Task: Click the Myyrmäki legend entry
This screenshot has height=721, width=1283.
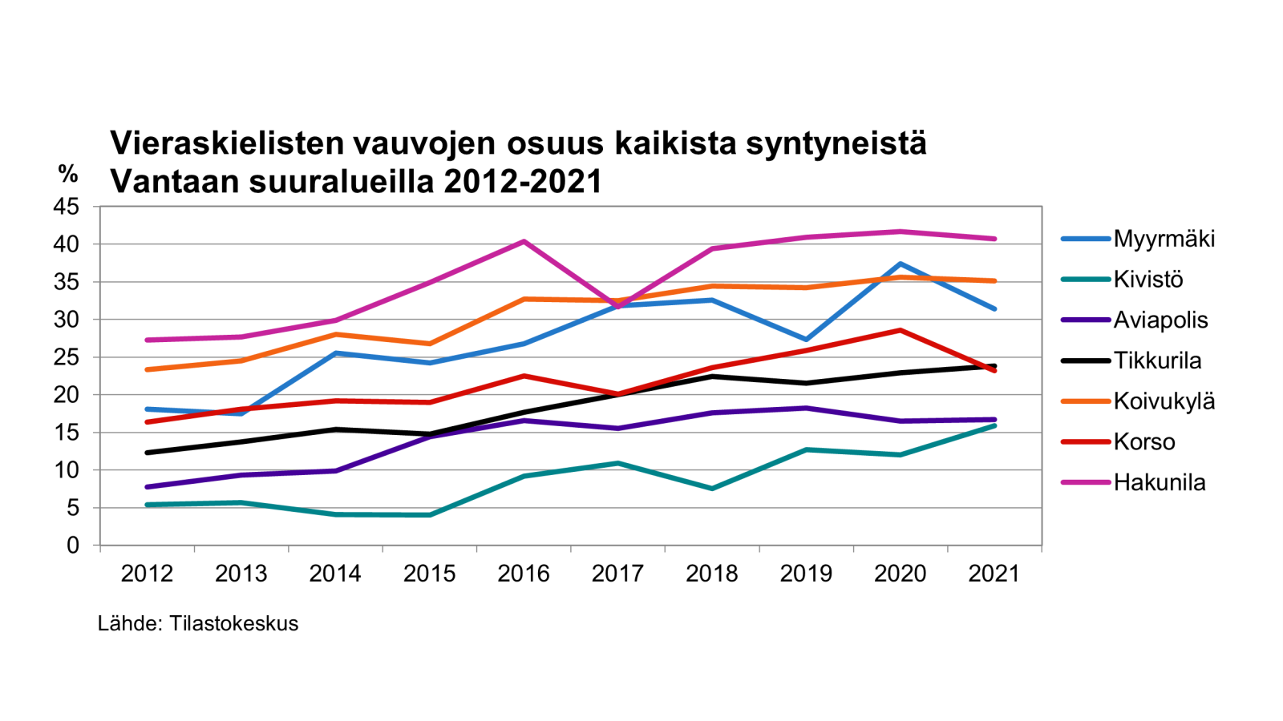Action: pyautogui.click(x=1164, y=239)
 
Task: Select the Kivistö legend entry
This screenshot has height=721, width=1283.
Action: pyautogui.click(x=1147, y=280)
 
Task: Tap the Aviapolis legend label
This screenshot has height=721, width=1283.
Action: pyautogui.click(x=1160, y=320)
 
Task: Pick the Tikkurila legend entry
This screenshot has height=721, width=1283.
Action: pyautogui.click(x=1157, y=360)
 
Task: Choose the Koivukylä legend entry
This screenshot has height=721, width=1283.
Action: pyautogui.click(x=1164, y=401)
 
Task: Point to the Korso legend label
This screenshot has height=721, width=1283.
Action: pyautogui.click(x=1144, y=442)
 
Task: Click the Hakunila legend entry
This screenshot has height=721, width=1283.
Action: pyautogui.click(x=1160, y=482)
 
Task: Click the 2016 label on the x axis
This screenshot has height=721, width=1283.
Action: pyautogui.click(x=524, y=574)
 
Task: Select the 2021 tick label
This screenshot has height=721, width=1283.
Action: pyautogui.click(x=994, y=574)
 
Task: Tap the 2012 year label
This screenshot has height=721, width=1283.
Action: pyautogui.click(x=147, y=574)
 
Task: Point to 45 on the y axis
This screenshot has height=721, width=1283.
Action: pyautogui.click(x=67, y=207)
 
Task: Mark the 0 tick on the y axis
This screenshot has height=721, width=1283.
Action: pyautogui.click(x=73, y=546)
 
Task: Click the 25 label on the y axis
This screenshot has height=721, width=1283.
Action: pyautogui.click(x=67, y=357)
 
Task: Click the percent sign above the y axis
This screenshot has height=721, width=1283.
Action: pyautogui.click(x=68, y=173)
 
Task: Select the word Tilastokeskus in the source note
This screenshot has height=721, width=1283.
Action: pyautogui.click(x=233, y=623)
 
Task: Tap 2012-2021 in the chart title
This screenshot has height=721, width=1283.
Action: pyautogui.click(x=522, y=182)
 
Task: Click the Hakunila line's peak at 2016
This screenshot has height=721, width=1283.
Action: pyautogui.click(x=524, y=241)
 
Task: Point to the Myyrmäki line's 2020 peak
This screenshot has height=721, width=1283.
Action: pyautogui.click(x=901, y=264)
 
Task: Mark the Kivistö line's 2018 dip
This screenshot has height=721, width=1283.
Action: pyautogui.click(x=712, y=488)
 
